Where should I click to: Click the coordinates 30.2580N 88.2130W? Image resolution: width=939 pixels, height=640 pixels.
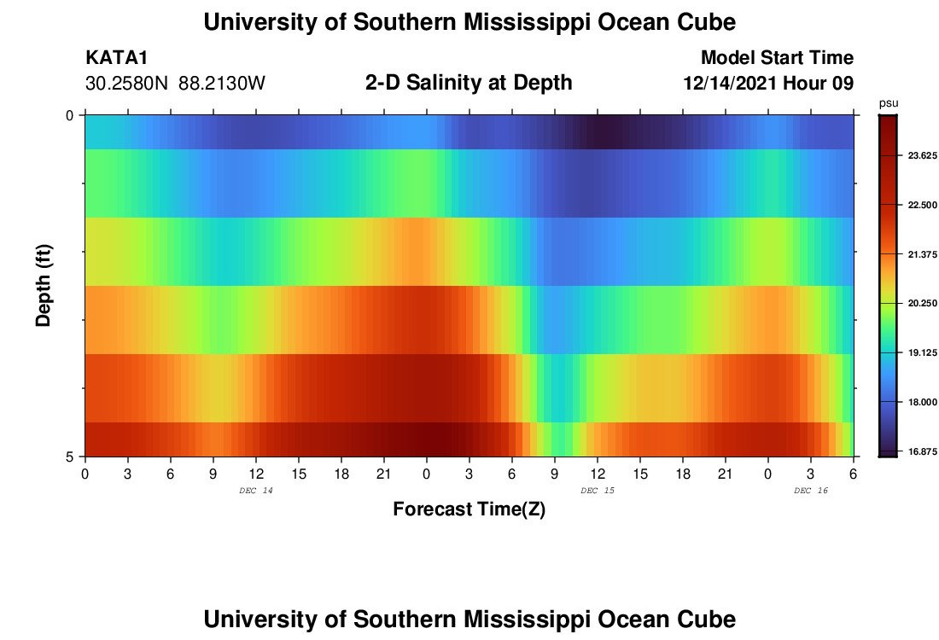click(176, 84)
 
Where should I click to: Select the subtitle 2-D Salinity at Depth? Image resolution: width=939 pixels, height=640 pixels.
click(469, 83)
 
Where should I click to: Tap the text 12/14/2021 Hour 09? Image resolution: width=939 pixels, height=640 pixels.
click(768, 84)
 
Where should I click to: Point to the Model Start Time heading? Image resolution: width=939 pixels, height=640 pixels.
click(777, 58)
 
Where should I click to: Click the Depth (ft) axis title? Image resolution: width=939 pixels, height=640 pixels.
click(44, 285)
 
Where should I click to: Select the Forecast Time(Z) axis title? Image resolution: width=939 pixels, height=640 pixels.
click(469, 509)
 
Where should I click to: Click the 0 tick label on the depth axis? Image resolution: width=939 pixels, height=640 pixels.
click(69, 115)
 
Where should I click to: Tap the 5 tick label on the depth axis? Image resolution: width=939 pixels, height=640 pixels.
click(69, 457)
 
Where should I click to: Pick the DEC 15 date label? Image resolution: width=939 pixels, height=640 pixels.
click(597, 491)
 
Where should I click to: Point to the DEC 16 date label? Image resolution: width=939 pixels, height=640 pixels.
click(810, 491)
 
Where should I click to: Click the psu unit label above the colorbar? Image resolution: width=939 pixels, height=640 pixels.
click(888, 102)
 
